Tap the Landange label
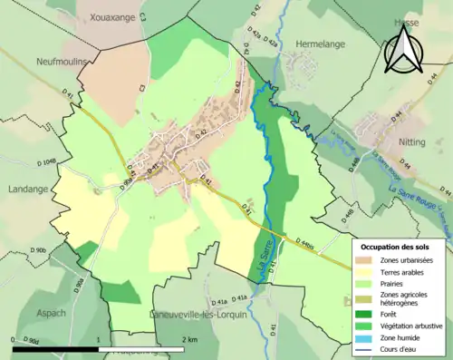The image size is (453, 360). [x=26, y=176]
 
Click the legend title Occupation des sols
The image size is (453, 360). [x=395, y=246]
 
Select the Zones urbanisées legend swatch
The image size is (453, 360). [x=365, y=261]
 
